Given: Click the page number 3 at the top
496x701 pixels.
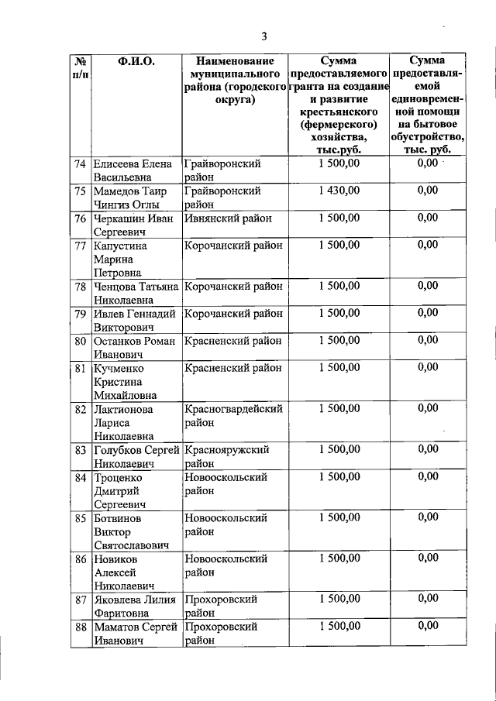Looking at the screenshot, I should (x=263, y=36).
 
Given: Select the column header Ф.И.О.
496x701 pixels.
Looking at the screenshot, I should (x=136, y=60).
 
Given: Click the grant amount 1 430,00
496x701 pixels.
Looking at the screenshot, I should (x=338, y=191).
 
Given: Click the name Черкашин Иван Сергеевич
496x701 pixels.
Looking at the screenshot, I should (x=133, y=225).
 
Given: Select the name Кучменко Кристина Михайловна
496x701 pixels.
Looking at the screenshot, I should (x=124, y=381).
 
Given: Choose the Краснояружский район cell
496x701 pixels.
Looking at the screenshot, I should (x=227, y=455).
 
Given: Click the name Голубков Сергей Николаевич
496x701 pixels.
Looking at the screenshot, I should (x=136, y=455).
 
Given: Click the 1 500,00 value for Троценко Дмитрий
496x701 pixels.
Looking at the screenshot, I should (x=338, y=476).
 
